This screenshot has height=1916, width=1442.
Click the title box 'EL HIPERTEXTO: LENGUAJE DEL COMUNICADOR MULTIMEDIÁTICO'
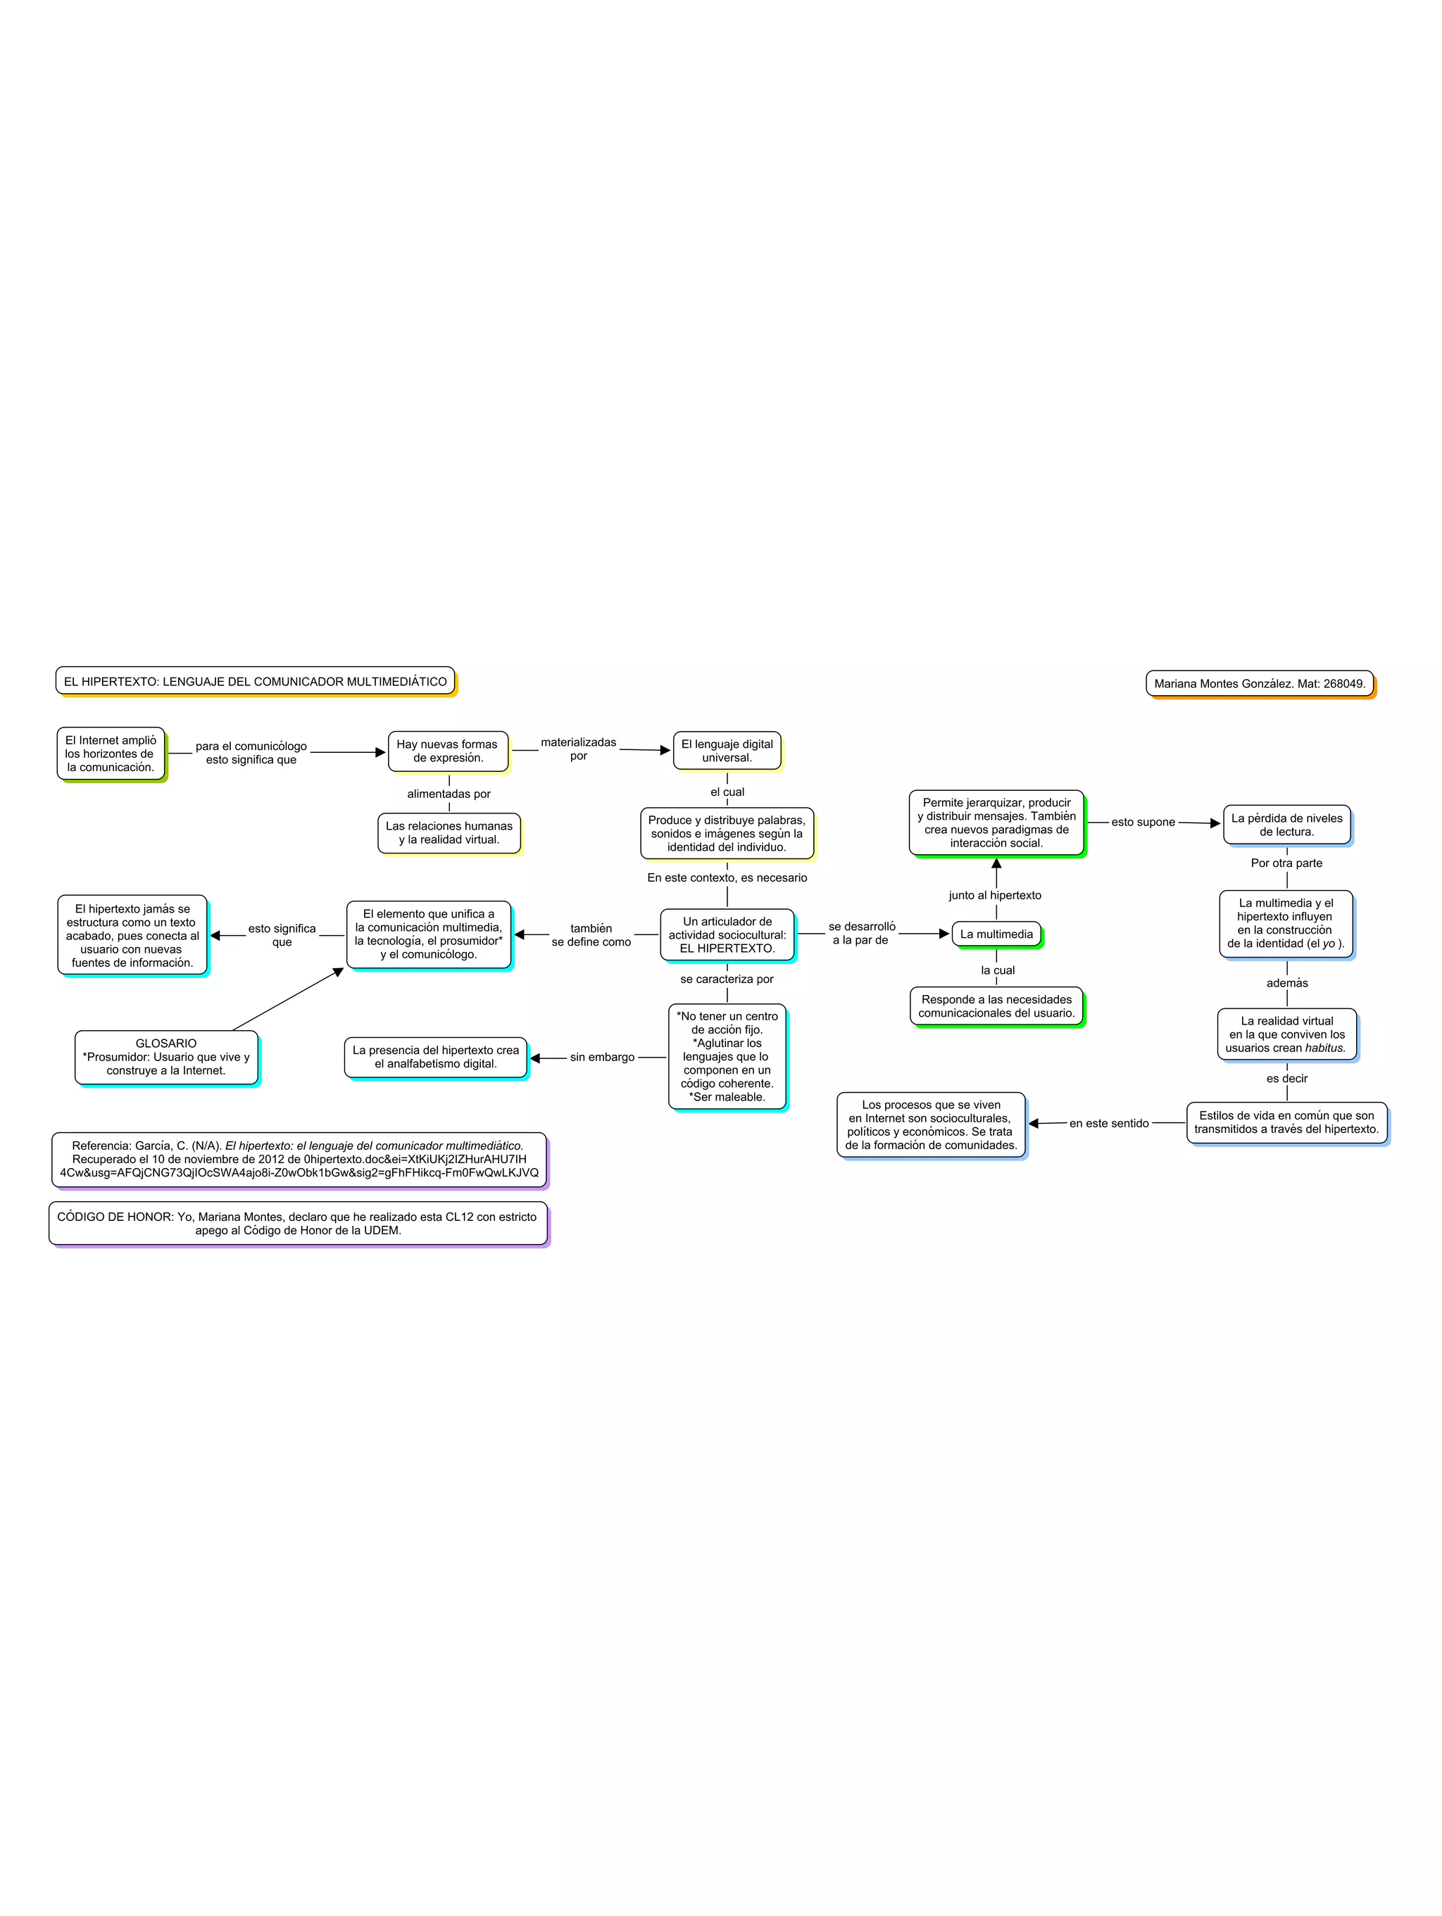click(x=255, y=682)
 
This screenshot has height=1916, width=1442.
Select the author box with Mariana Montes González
click(x=1258, y=683)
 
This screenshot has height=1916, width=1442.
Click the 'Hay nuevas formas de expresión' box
click(x=447, y=751)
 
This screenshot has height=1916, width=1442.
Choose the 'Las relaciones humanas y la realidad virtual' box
click(x=449, y=833)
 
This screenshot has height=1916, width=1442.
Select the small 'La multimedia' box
click(x=996, y=934)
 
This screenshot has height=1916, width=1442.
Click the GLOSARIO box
click(x=165, y=1057)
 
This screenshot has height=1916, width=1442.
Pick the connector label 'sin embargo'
click(x=601, y=1058)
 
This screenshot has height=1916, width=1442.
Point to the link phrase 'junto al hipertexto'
click(x=995, y=896)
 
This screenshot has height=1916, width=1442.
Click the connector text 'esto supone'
click(x=1142, y=822)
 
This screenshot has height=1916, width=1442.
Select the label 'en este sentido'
click(x=1108, y=1124)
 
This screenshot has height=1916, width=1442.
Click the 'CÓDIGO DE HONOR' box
click(x=297, y=1223)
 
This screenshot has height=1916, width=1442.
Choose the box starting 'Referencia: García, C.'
click(x=299, y=1159)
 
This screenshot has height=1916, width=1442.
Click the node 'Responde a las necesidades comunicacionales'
click(x=996, y=1006)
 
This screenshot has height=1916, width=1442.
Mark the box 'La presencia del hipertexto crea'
click(x=435, y=1057)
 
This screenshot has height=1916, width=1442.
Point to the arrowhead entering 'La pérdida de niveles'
click(x=1215, y=824)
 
